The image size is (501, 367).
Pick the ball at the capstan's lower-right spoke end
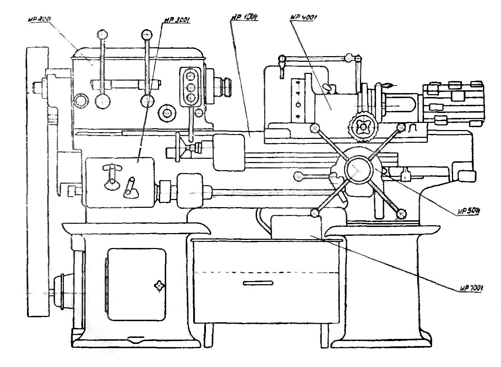(x=402, y=214)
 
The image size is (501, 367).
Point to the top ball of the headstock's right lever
(x=147, y=35)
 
